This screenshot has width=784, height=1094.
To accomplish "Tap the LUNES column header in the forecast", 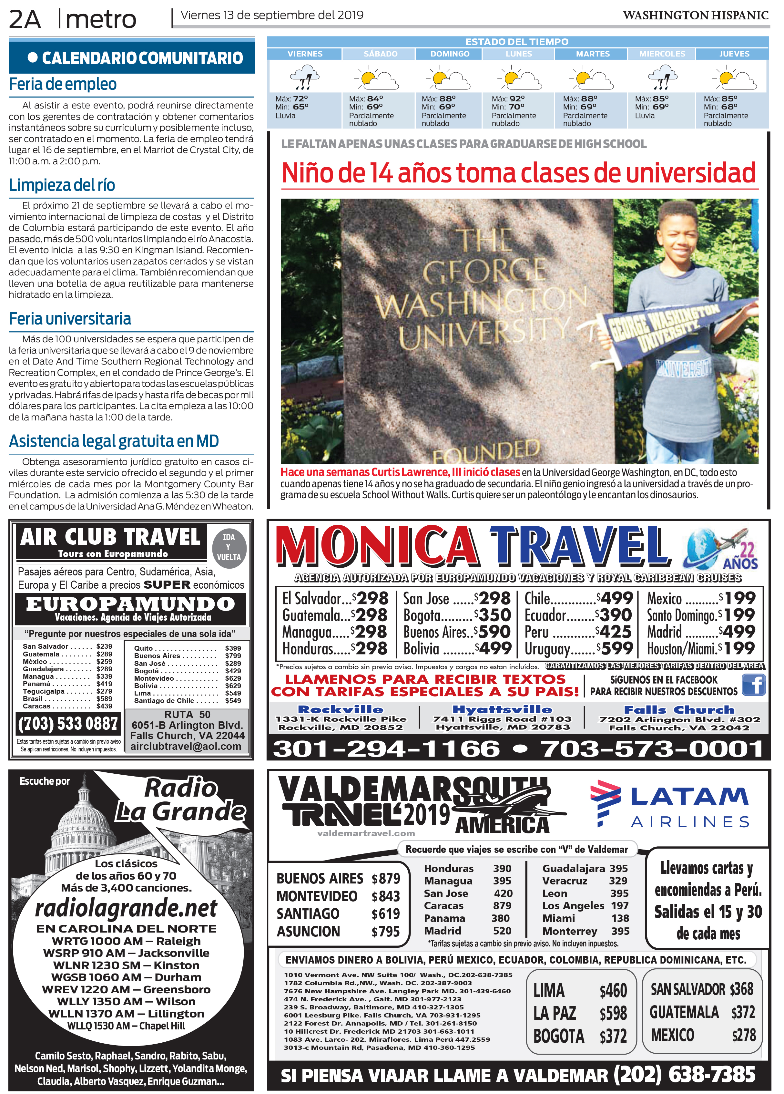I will click(519, 54).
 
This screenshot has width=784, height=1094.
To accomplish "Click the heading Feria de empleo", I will click(63, 84).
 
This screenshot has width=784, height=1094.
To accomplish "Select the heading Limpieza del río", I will click(62, 185).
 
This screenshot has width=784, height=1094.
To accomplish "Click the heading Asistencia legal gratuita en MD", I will click(114, 441).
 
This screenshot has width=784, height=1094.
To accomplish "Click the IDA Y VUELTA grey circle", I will click(229, 547).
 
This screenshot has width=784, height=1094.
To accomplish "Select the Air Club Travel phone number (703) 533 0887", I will click(68, 724).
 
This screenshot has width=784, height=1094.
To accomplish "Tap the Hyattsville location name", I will click(502, 709).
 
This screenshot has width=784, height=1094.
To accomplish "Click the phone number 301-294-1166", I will click(386, 749).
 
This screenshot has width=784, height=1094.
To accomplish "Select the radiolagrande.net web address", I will click(126, 909).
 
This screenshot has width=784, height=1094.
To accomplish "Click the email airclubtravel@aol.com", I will click(186, 746).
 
